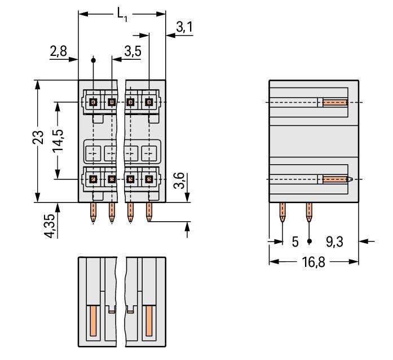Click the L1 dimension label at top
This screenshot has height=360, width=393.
[122, 15]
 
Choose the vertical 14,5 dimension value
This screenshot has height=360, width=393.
[57, 139]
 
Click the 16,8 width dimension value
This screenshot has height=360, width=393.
[313, 262]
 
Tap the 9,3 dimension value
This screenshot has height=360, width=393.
[334, 242]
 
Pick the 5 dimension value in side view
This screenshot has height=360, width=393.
[294, 242]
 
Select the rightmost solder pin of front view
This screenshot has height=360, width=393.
[149, 213]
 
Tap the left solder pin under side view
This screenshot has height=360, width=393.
[282, 213]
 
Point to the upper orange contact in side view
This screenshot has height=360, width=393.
[335, 103]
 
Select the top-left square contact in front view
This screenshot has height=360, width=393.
[94, 102]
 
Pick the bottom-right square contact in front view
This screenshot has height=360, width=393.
[149, 179]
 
